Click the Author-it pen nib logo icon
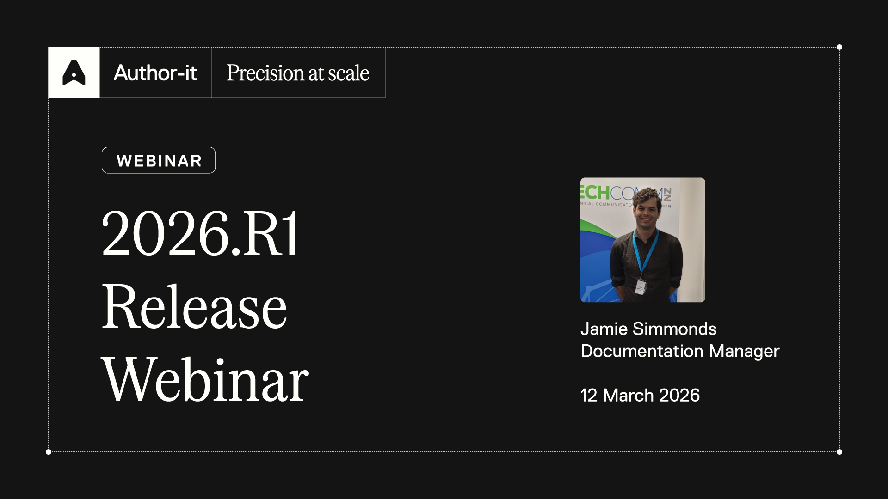click(74, 73)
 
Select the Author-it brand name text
click(155, 73)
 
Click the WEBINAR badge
click(159, 160)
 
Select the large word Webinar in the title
click(205, 380)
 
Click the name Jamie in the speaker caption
click(604, 329)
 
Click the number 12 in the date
click(589, 396)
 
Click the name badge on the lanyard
click(641, 287)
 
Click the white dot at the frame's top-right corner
click(839, 47)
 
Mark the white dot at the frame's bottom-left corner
click(49, 452)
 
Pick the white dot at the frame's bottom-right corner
click(839, 452)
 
